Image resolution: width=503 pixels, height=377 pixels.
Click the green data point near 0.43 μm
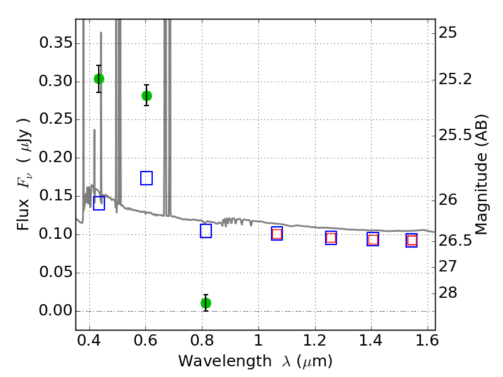[x=99, y=79]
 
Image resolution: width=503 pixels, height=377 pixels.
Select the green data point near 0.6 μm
[x=146, y=96]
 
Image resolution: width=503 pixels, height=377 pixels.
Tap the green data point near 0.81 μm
[x=206, y=303]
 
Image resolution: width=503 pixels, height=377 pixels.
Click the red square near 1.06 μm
[x=277, y=234]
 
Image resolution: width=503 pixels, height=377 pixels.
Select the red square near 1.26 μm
[x=331, y=238]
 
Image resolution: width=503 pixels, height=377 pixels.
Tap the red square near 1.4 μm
[x=373, y=239]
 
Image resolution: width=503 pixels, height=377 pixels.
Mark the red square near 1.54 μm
[x=412, y=241]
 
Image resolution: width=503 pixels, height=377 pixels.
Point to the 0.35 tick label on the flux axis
[x=56, y=43]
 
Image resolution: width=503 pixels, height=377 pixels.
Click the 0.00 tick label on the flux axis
[x=56, y=310]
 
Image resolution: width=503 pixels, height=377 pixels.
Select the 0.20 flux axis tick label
[x=56, y=158]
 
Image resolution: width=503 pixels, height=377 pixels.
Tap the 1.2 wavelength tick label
[x=315, y=341]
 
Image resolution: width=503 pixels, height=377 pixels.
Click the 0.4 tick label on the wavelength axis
[x=89, y=341]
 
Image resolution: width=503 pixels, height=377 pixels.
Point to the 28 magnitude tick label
[x=448, y=293]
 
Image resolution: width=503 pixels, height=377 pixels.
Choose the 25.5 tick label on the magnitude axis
[x=455, y=135]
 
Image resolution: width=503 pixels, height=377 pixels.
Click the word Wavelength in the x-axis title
[x=225, y=361]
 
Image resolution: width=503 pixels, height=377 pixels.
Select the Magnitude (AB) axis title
[x=481, y=175]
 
